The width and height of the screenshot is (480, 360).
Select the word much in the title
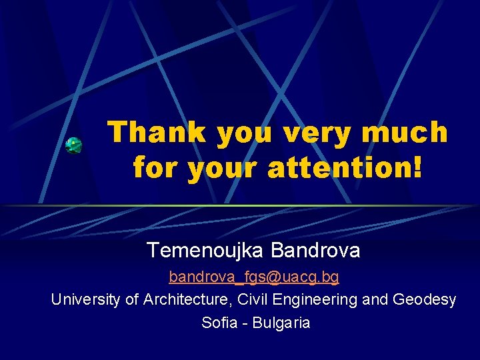click(x=405, y=132)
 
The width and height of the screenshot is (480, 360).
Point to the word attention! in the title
click(x=345, y=167)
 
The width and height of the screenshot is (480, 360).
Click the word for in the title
click(x=156, y=167)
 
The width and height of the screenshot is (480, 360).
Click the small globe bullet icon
click(x=74, y=145)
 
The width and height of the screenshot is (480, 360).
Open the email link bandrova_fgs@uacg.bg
click(x=253, y=276)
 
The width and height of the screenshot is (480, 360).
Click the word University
click(x=86, y=300)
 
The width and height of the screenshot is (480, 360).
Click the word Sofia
click(x=218, y=323)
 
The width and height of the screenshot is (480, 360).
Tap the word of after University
click(x=132, y=300)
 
